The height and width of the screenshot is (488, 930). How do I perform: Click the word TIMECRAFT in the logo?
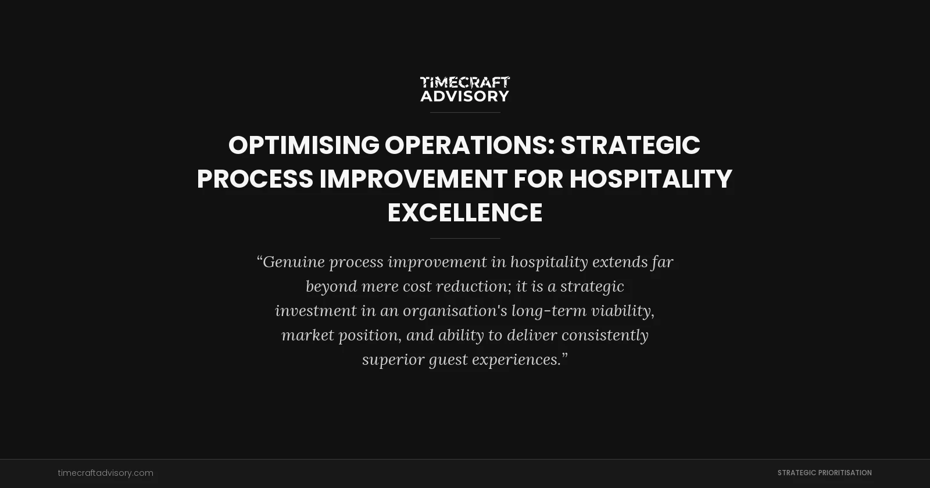coord(465,82)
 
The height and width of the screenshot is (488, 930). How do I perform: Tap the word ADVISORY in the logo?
coord(465,96)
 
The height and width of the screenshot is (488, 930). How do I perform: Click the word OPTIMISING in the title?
coord(303,145)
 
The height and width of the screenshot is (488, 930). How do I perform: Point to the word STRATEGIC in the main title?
coord(630,145)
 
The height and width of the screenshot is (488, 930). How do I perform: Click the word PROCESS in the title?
coord(255,179)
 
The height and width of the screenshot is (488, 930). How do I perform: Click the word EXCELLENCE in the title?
coord(465,213)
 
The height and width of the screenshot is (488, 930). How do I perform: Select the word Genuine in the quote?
coord(294,262)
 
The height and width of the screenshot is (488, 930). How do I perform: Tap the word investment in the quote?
coord(316,311)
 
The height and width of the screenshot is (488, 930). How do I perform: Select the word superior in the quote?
coord(393,360)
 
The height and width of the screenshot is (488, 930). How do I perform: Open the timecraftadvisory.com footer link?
coord(106,473)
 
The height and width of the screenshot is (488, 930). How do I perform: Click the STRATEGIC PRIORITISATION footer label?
coord(824,473)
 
